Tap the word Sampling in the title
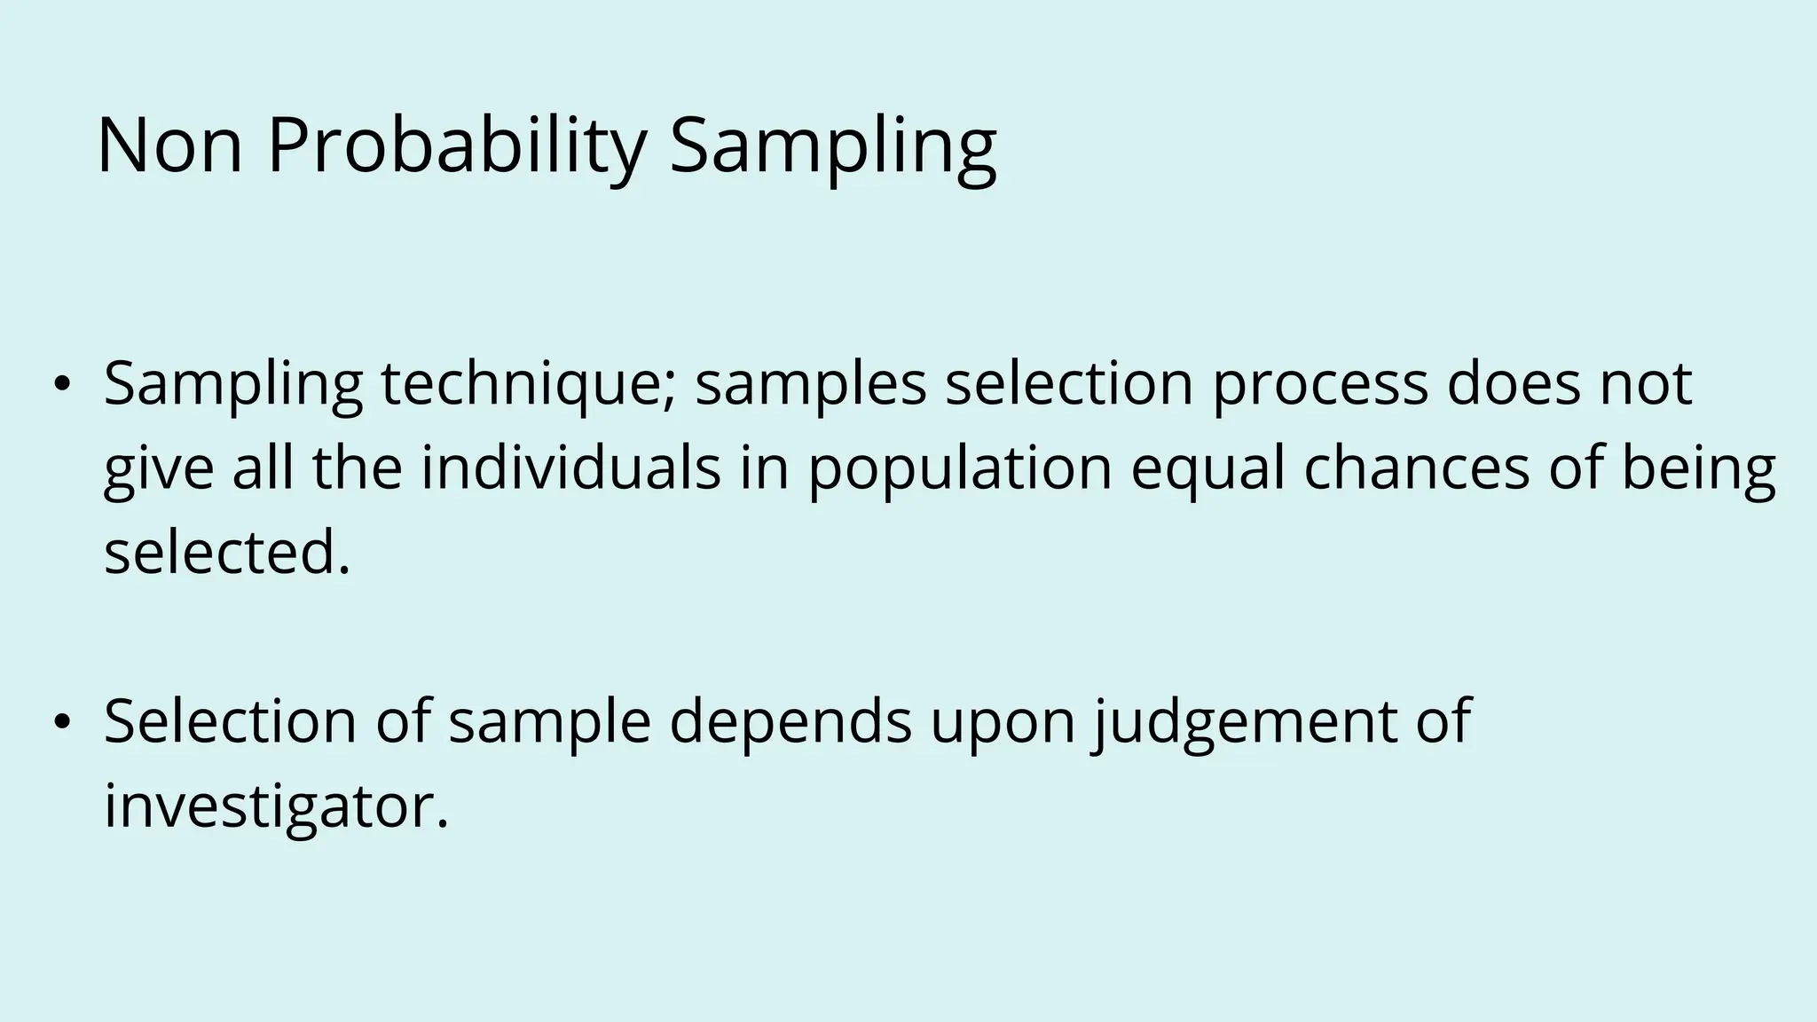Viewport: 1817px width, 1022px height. pyautogui.click(x=833, y=146)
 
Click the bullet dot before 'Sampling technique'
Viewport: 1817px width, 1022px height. pyautogui.click(x=60, y=384)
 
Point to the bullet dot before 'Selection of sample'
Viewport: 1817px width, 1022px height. pyautogui.click(x=60, y=722)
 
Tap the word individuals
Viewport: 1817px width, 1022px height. pyautogui.click(x=570, y=468)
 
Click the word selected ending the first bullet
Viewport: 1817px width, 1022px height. pyautogui.click(x=226, y=552)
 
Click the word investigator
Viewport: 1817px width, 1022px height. pyautogui.click(x=276, y=807)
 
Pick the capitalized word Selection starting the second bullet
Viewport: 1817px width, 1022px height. pyautogui.click(x=230, y=722)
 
